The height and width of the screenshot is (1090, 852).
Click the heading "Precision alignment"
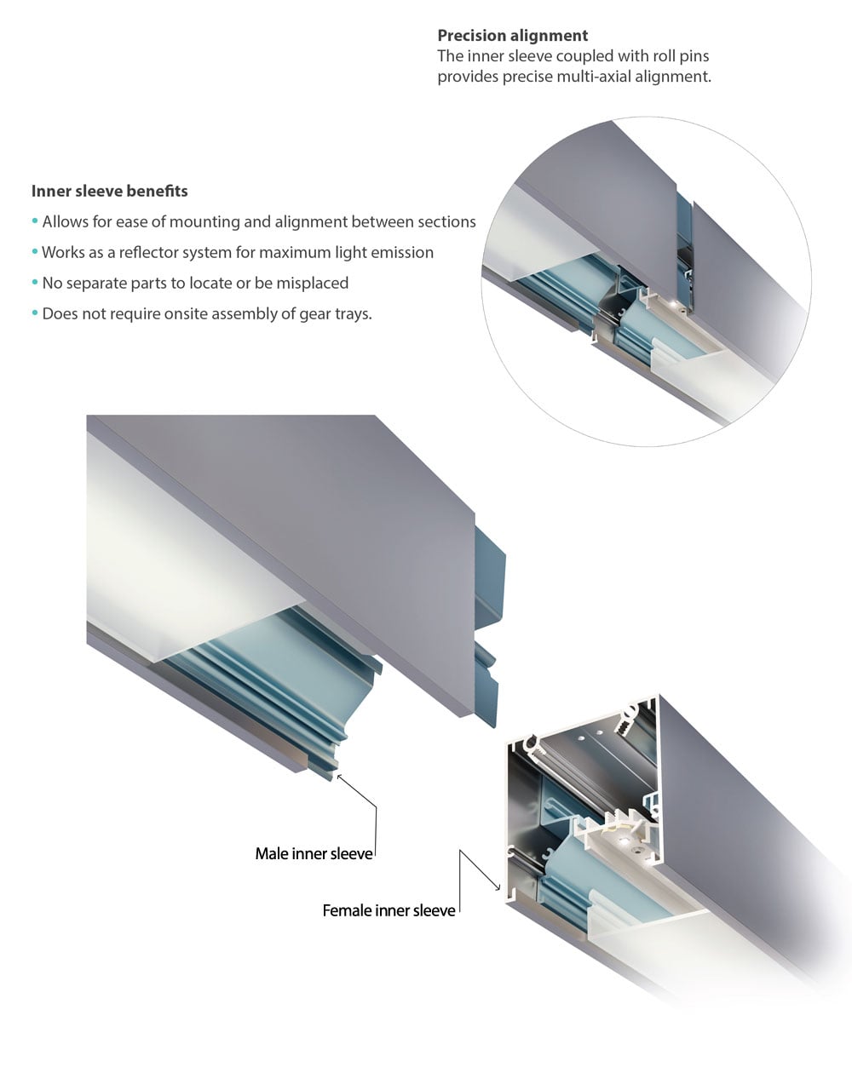tap(512, 36)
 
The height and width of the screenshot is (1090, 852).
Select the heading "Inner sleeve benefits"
tap(109, 191)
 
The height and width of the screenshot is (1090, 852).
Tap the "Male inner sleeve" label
tap(314, 853)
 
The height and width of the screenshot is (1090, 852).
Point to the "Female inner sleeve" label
tap(389, 910)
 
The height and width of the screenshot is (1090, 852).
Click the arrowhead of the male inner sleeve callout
tap(340, 777)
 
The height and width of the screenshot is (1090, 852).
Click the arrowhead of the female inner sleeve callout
tap(498, 888)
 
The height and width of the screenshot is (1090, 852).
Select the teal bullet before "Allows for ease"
tap(35, 221)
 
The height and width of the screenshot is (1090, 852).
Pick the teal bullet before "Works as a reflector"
tap(35, 252)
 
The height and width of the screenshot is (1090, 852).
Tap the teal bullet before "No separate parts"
tap(35, 283)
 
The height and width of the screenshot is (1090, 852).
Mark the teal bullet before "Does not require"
tap(35, 313)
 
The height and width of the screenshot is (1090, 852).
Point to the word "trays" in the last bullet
tap(354, 314)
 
